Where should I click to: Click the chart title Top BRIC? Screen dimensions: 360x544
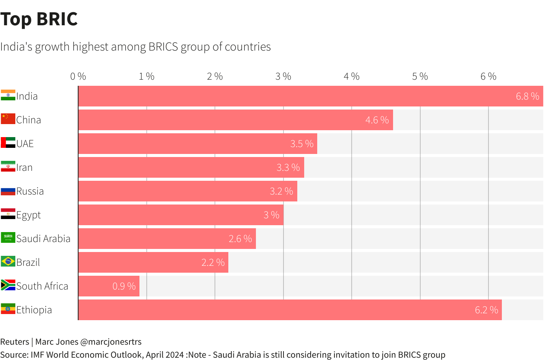[x=39, y=19]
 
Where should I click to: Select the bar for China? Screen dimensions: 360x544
[x=236, y=120]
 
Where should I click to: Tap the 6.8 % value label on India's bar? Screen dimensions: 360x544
[x=527, y=97]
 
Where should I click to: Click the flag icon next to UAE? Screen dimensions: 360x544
[x=8, y=143]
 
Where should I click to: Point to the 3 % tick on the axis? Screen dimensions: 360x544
[x=283, y=77]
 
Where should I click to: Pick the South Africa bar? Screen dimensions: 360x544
[x=109, y=286]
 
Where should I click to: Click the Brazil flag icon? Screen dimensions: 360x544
[x=8, y=262]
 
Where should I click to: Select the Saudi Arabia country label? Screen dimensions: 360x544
[x=43, y=239]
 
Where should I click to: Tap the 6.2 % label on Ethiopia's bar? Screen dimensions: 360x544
[x=486, y=310]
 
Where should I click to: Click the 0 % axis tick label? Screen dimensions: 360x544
[x=78, y=77]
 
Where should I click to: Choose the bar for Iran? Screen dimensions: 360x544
[x=191, y=167]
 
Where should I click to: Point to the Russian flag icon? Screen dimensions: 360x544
[x=8, y=191]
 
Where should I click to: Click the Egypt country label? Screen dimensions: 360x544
[x=28, y=215]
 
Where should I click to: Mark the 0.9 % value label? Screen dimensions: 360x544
[x=124, y=286]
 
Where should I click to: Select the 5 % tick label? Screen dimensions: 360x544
[x=420, y=77]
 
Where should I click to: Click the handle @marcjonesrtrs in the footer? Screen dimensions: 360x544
[x=115, y=342]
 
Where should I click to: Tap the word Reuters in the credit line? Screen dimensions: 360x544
[x=15, y=342]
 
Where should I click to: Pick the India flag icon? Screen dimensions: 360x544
[x=8, y=95]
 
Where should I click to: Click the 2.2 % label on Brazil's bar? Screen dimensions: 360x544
[x=213, y=263]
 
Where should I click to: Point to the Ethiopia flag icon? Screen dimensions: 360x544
[x=8, y=309]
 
